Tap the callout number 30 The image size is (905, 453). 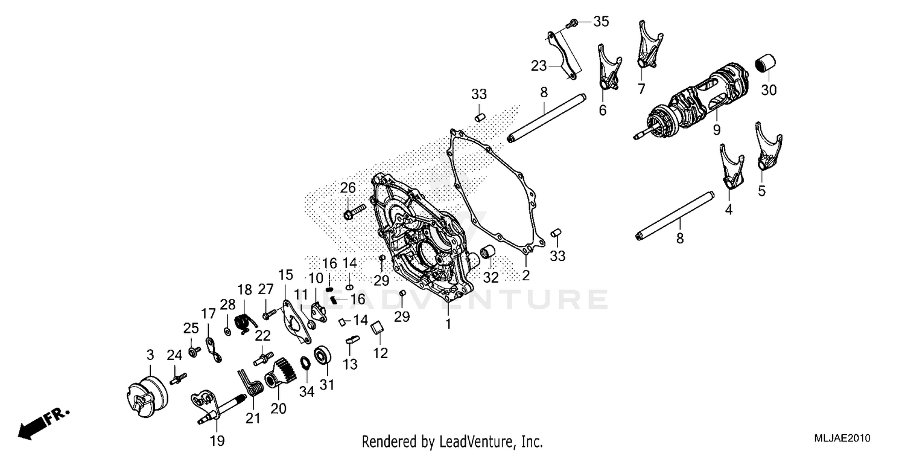pos(769,91)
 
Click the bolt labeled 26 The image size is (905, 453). pos(355,212)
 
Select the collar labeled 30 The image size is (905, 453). pos(766,63)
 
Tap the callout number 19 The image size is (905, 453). pos(217,441)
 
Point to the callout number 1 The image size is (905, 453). pos(448,324)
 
